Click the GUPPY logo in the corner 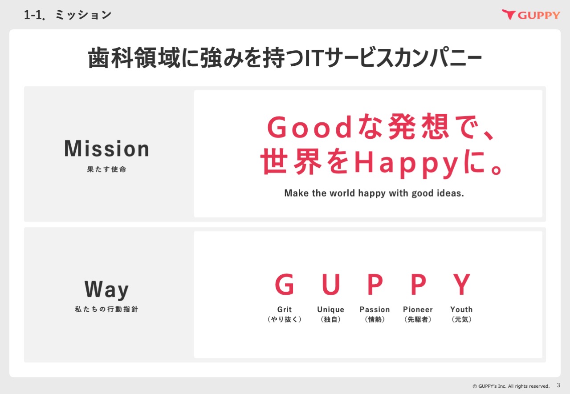coord(531,15)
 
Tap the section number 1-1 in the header coord(34,15)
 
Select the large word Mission coord(106,149)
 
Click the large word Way coord(106,289)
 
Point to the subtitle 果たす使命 coord(106,169)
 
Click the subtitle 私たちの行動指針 coord(106,309)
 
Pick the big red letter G coord(285,284)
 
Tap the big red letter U coord(331,284)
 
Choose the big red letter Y coord(462,284)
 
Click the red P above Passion coord(375,284)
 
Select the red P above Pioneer coord(418,284)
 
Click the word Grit coord(285,310)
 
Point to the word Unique coord(330,310)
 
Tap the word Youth coord(461,310)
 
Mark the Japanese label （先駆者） coord(418,319)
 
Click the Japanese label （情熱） coord(375,319)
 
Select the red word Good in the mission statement coord(309,127)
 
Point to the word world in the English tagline coord(342,193)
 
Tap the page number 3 coord(558,386)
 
